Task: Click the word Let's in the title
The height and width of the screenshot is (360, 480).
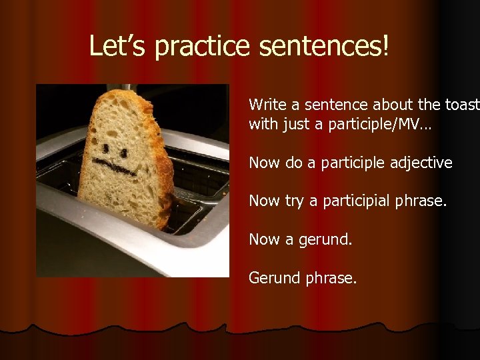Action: [x=113, y=46]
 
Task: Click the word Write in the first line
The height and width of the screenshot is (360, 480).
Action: [x=265, y=105]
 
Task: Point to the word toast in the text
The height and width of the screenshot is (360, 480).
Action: [x=461, y=105]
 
